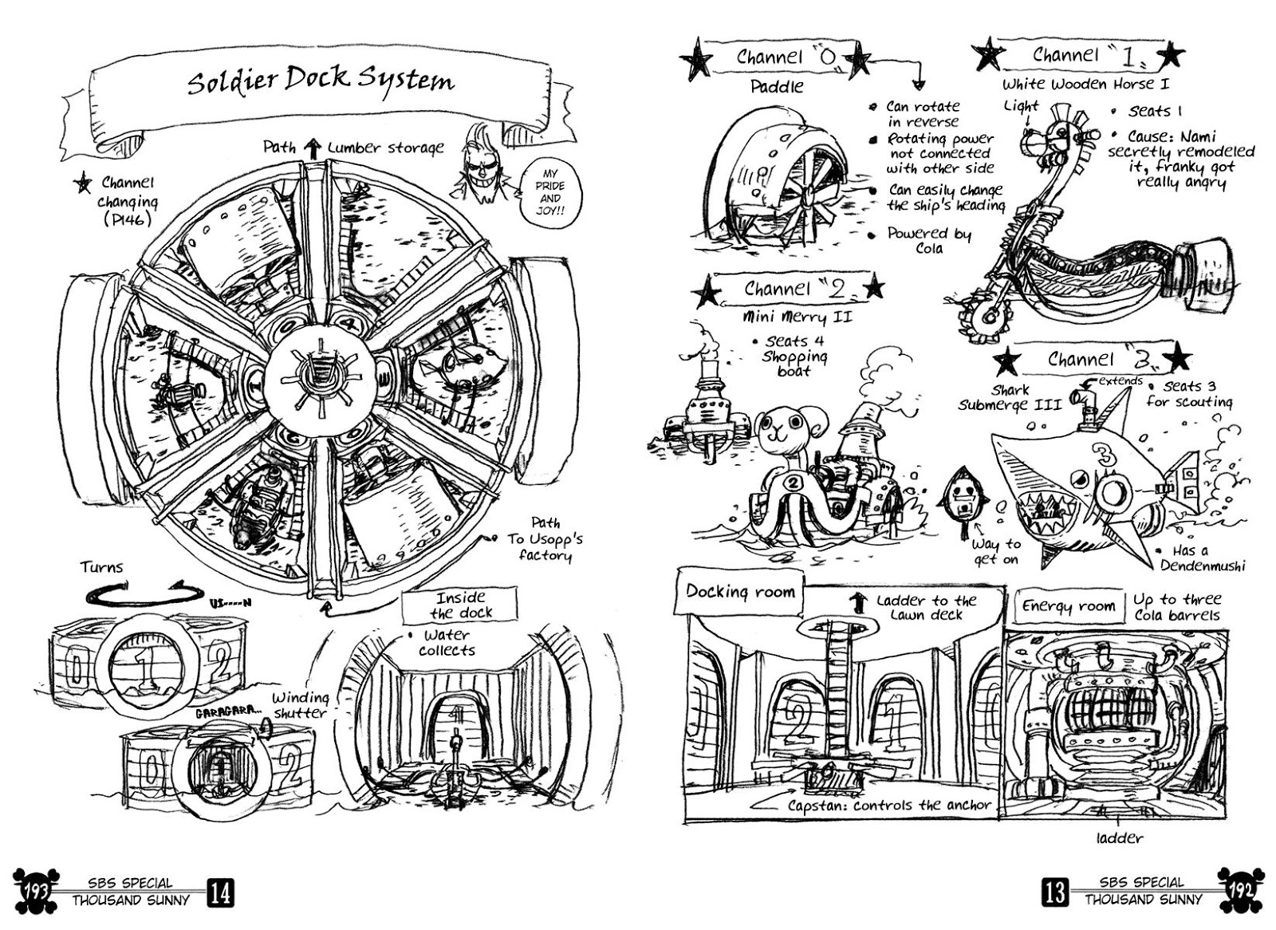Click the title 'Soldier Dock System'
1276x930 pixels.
click(x=321, y=81)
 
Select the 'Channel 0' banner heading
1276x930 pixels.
click(x=781, y=57)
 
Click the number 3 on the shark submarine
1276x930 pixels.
click(x=1106, y=455)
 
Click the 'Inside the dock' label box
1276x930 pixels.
click(x=461, y=605)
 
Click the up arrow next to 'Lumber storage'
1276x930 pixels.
click(x=313, y=148)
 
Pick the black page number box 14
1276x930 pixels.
click(x=220, y=892)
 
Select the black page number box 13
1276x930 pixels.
click(x=1055, y=891)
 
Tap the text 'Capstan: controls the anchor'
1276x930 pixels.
click(x=888, y=806)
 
